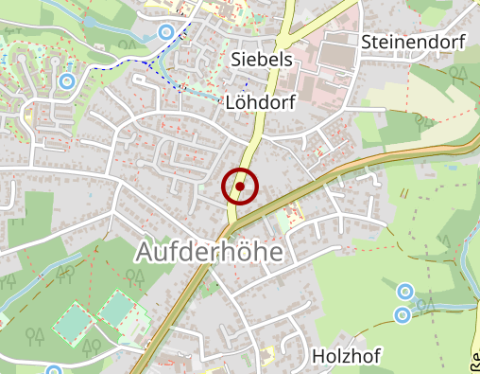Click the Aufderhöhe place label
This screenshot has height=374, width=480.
[x=210, y=252]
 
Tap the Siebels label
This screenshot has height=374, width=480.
[x=262, y=60]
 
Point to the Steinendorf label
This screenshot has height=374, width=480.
[x=415, y=42]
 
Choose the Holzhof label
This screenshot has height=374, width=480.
[x=347, y=356]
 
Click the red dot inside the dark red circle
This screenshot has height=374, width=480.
[x=240, y=187]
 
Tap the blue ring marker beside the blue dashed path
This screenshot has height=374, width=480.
[x=166, y=32]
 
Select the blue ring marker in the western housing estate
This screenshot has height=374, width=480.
[x=66, y=81]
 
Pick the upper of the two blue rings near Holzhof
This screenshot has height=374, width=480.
[x=404, y=291]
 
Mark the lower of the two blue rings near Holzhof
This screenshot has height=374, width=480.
[x=403, y=313]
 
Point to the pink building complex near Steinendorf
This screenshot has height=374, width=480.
[x=325, y=71]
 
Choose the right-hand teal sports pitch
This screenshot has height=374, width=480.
[x=116, y=308]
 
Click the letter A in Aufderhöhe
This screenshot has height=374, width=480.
[x=146, y=252]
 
